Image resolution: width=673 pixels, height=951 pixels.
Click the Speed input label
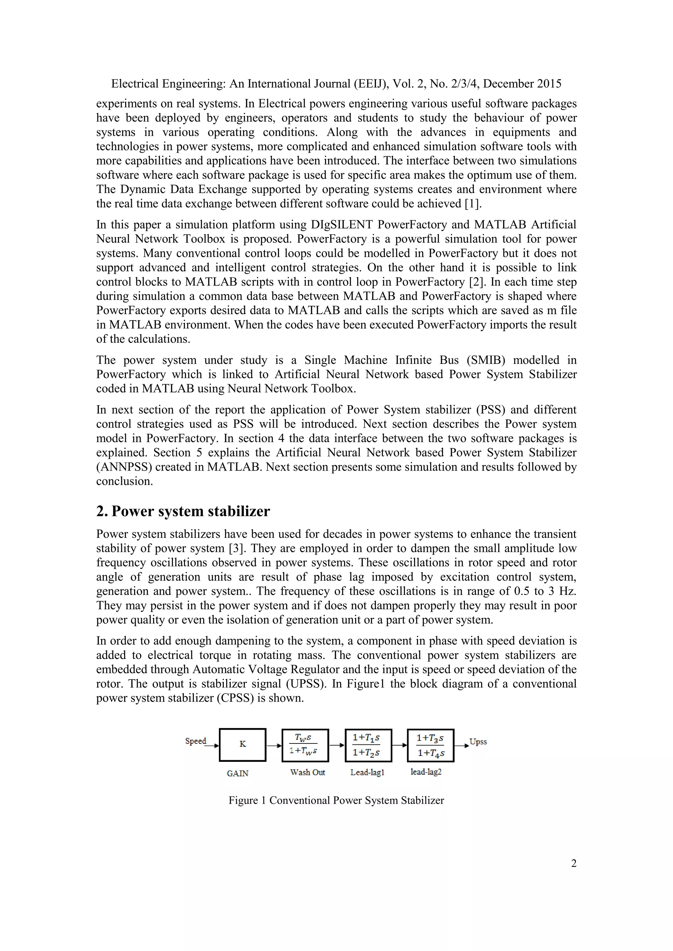pyautogui.click(x=195, y=741)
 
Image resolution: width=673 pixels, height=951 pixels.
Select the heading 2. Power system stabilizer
pyautogui.click(x=183, y=511)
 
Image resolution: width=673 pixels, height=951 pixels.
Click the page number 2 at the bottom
pyautogui.click(x=573, y=863)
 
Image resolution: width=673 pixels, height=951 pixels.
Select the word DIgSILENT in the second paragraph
pyautogui.click(x=339, y=225)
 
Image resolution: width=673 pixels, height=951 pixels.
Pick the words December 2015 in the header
pyautogui.click(x=522, y=84)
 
